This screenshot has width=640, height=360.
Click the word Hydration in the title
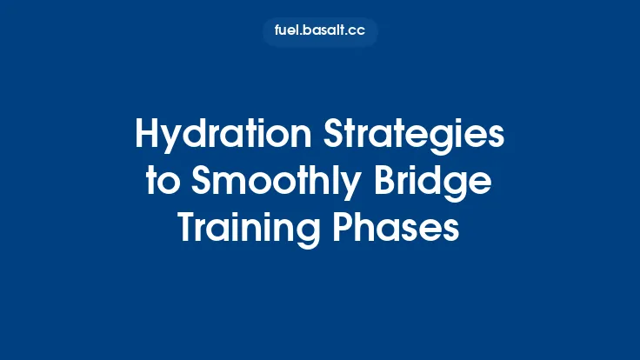[204, 137]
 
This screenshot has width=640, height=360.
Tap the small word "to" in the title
[161, 183]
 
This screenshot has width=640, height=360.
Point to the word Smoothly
[268, 183]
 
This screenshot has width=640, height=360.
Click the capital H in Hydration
[146, 137]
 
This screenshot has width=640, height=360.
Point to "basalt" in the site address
[323, 32]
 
